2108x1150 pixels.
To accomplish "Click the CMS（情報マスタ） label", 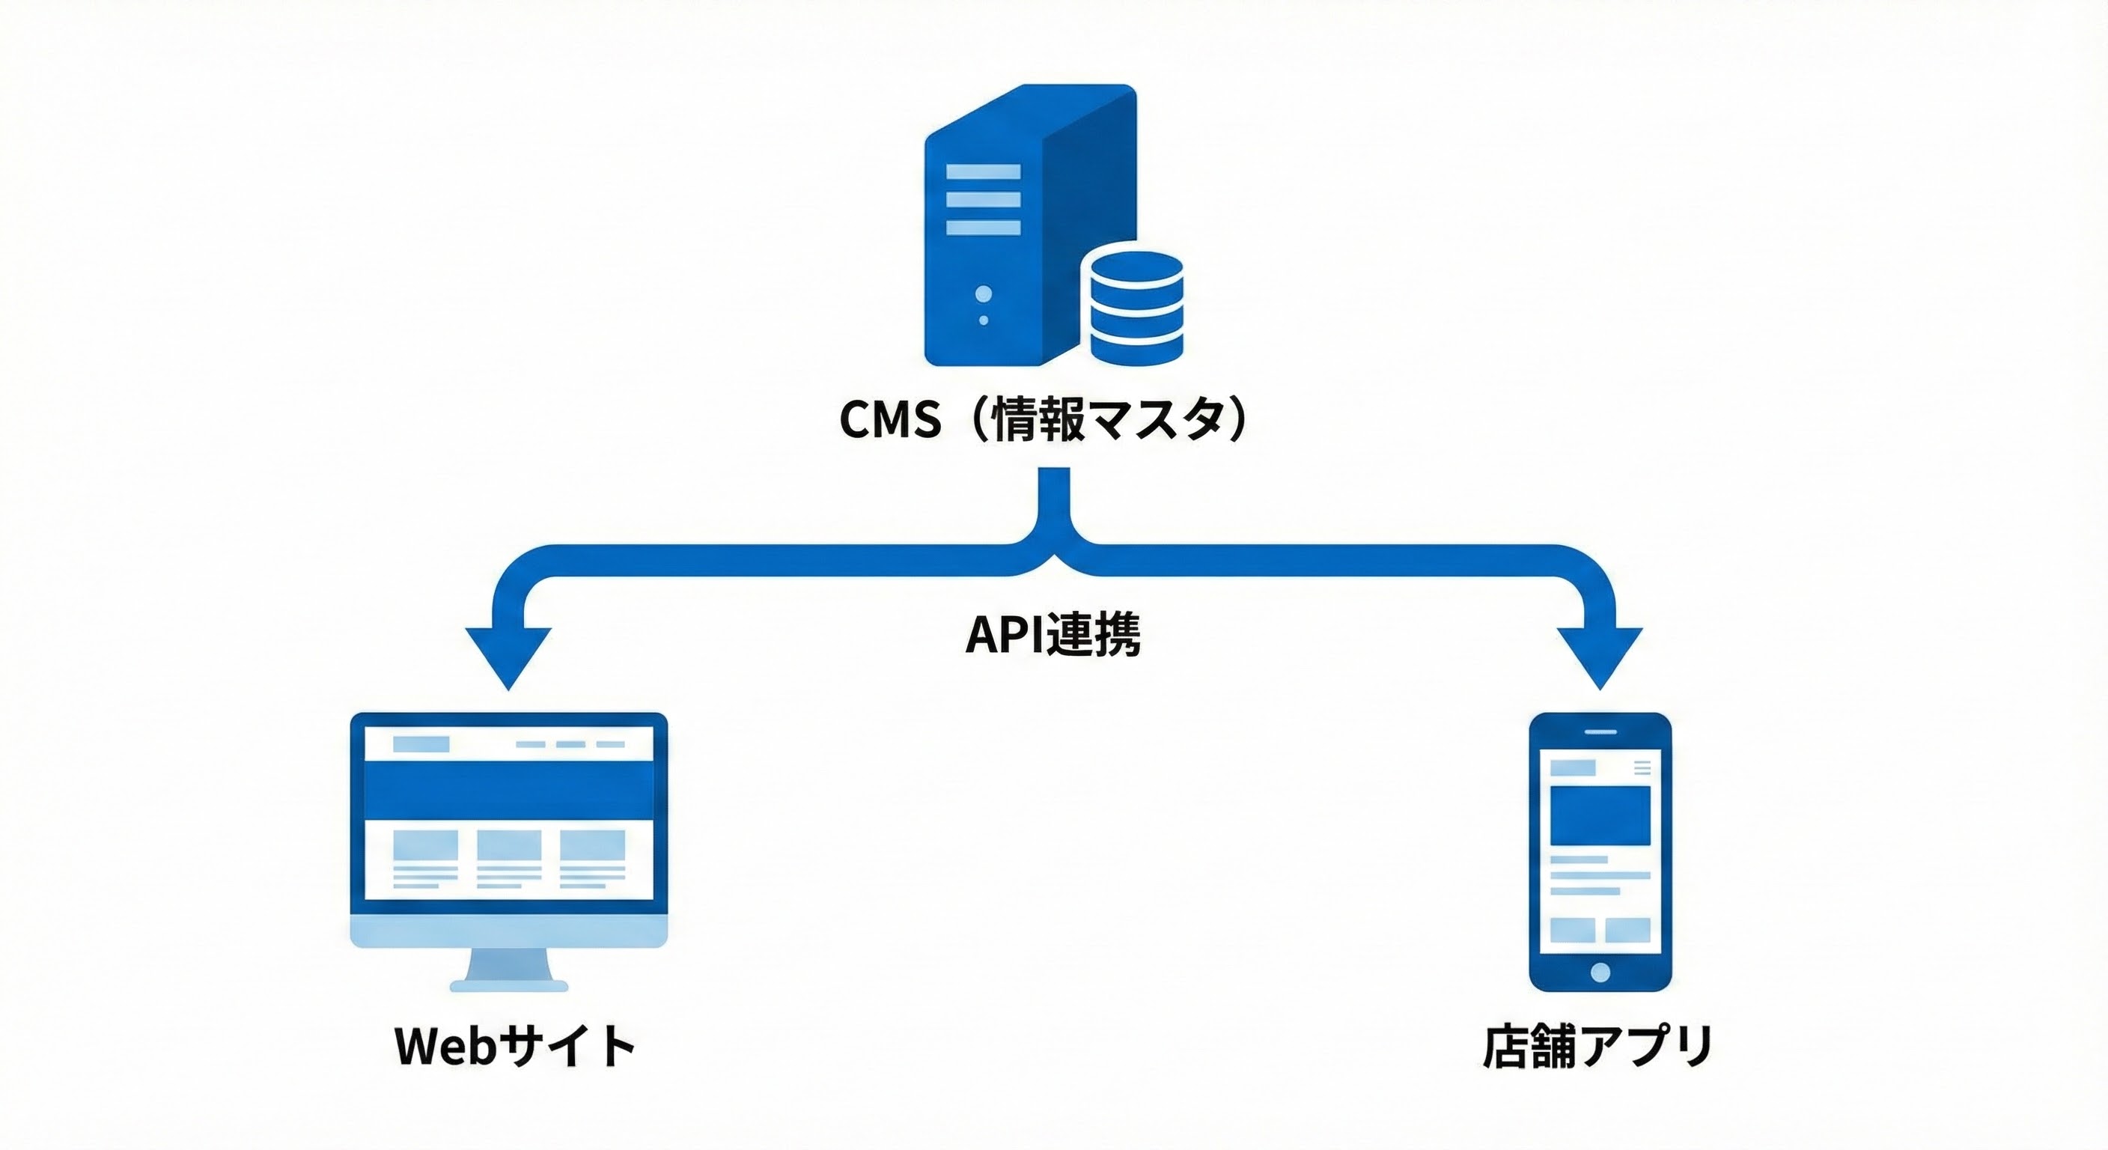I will [x=1044, y=419].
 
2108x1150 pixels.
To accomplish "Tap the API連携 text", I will [x=1053, y=634].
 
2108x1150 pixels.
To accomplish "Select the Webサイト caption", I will [x=516, y=1045].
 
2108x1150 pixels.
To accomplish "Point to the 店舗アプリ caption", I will [x=1598, y=1045].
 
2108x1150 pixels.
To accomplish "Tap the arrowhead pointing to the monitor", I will [x=508, y=655].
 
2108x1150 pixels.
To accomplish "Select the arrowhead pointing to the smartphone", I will [x=1600, y=655].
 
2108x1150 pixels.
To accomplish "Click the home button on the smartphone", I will [x=1600, y=972].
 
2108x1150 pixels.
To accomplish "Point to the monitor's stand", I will [x=509, y=970].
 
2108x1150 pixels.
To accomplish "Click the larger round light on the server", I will [x=984, y=293].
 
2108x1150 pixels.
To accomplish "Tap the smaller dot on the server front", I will [x=984, y=320].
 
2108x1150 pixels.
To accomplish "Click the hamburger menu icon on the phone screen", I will [x=1642, y=767].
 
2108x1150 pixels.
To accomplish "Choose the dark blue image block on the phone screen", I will [x=1600, y=816].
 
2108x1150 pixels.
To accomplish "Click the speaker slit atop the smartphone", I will [x=1600, y=731].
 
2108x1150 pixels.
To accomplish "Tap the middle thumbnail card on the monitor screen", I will [x=509, y=844].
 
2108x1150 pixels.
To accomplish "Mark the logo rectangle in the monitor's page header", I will [x=421, y=744].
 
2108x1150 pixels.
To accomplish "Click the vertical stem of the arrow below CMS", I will [x=1055, y=499].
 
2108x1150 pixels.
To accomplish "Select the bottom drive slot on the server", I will [x=984, y=228].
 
